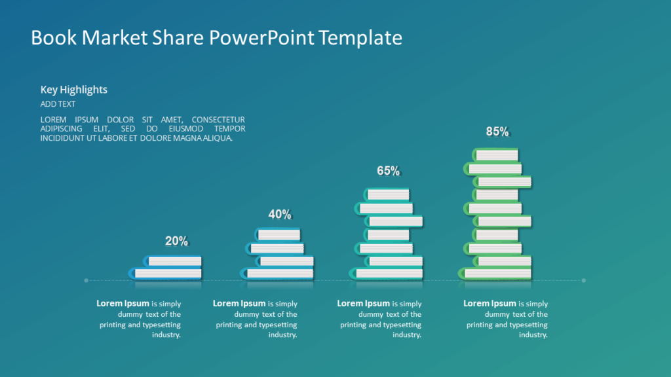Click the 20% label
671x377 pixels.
(176, 241)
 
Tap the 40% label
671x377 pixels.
(280, 214)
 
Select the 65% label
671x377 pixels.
(388, 171)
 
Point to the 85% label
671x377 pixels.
(497, 132)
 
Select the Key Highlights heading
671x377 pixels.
(74, 90)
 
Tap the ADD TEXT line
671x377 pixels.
(58, 104)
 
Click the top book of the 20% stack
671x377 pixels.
(172, 260)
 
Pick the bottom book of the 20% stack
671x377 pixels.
(165, 273)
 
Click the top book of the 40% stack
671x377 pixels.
(277, 234)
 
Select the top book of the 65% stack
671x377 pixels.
(386, 194)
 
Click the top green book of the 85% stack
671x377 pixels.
(495, 154)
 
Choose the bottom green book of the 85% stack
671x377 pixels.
(495, 273)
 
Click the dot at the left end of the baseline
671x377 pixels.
(86, 280)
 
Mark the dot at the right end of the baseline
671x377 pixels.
(584, 280)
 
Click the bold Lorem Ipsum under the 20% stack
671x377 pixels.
(123, 304)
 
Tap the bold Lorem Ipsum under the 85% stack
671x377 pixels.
(489, 304)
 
